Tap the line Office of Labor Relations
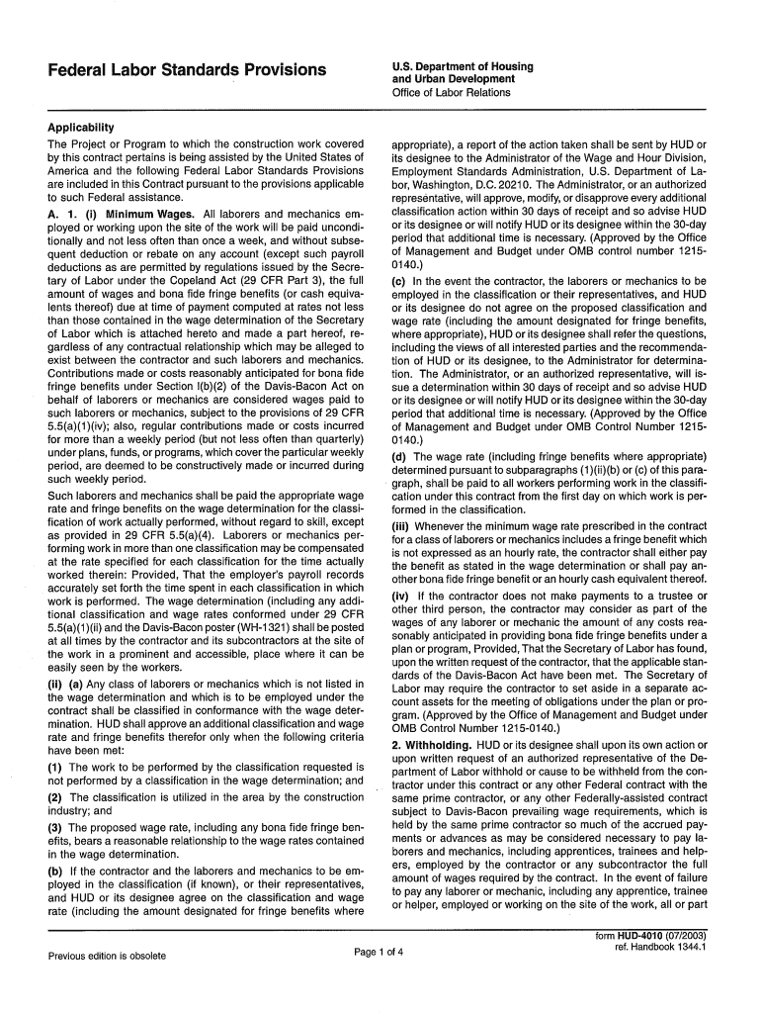(x=452, y=92)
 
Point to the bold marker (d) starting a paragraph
(x=400, y=457)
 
